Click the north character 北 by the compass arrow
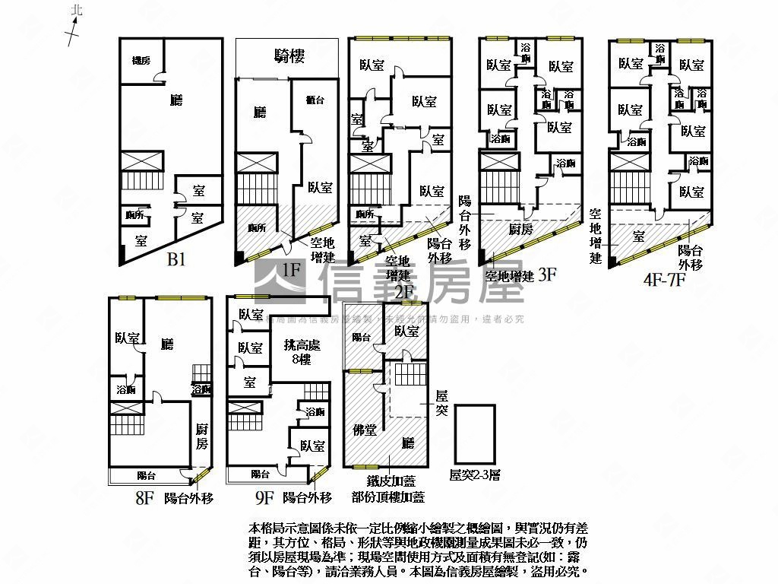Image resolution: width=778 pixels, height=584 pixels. [74, 10]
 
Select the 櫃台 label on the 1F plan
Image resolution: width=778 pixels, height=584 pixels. [315, 100]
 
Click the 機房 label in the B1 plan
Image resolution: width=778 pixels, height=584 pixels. [141, 60]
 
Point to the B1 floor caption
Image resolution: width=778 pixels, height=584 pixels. [176, 260]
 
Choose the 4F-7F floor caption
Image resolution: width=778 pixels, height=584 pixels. [665, 278]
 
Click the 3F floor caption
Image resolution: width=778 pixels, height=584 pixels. [547, 275]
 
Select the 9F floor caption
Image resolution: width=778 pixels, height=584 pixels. [264, 498]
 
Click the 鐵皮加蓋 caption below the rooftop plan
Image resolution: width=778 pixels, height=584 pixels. [391, 481]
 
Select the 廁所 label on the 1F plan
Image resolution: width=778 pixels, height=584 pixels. [257, 227]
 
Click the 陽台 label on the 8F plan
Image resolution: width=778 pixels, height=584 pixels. [147, 475]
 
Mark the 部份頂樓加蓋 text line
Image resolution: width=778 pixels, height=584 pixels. [387, 497]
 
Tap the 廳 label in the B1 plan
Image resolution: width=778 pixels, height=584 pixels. [176, 100]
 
